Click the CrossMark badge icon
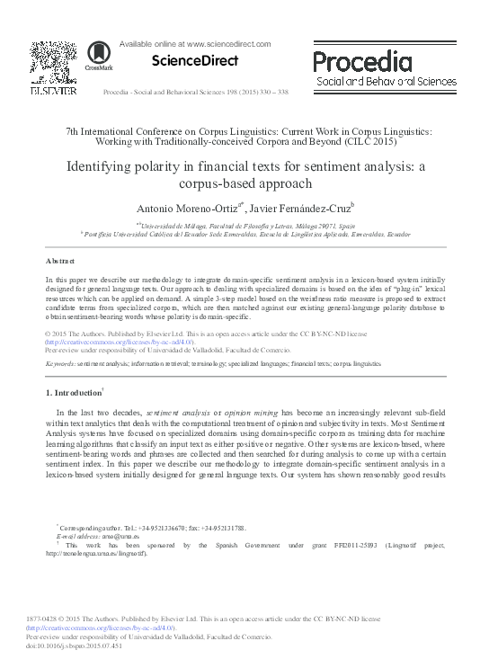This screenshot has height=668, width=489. [93, 52]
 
